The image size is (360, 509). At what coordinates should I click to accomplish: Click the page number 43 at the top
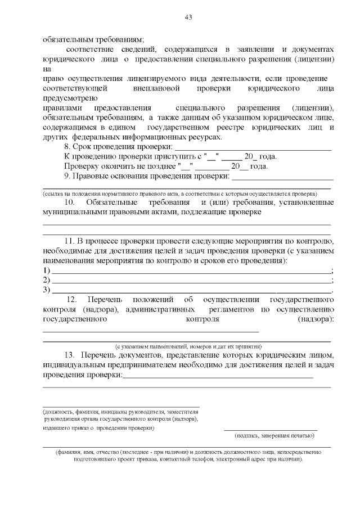coord(188,17)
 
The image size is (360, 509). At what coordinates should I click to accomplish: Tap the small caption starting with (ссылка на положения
coord(180,192)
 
